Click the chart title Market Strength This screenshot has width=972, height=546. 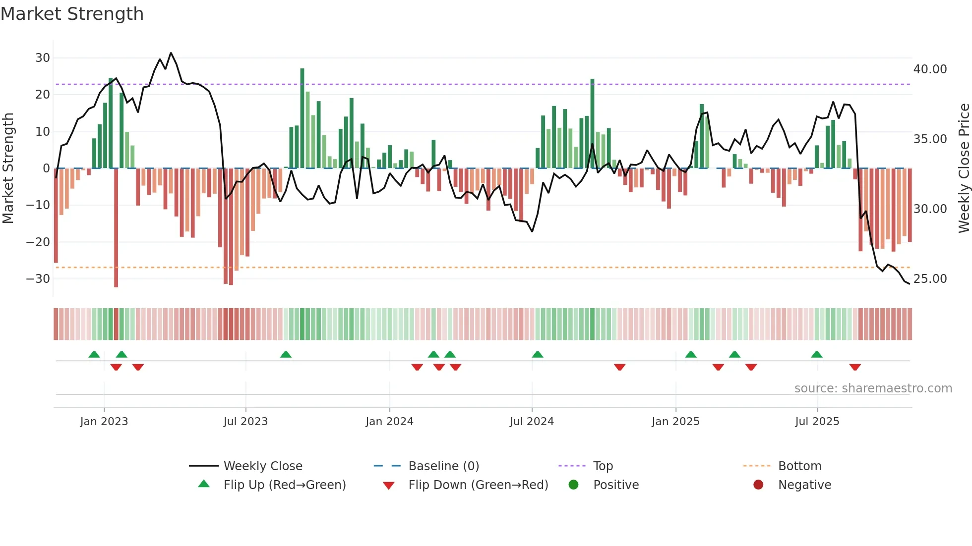pos(72,14)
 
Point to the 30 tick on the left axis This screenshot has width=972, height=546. pos(43,58)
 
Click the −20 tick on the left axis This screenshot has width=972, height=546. pos(38,242)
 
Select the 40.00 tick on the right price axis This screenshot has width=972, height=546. pos(930,69)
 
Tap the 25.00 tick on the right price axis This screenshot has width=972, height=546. pos(930,279)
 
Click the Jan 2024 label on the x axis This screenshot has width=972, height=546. pos(389,422)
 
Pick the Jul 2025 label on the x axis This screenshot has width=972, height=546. pos(817,422)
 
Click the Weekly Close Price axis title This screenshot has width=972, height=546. pos(964,168)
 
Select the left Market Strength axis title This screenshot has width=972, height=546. pos(8,168)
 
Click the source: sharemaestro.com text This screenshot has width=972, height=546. pos(873,388)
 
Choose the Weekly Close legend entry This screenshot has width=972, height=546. pos(262,466)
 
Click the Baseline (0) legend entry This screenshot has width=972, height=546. pos(443,466)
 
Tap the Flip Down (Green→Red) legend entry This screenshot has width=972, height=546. pos(478,485)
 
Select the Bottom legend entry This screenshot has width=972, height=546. pos(799,466)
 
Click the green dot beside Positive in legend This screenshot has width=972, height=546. pos(573,485)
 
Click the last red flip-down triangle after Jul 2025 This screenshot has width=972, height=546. pos(854,367)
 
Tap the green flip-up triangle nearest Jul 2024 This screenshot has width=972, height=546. pos(538,354)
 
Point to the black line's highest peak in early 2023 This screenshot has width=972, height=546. pos(171,53)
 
